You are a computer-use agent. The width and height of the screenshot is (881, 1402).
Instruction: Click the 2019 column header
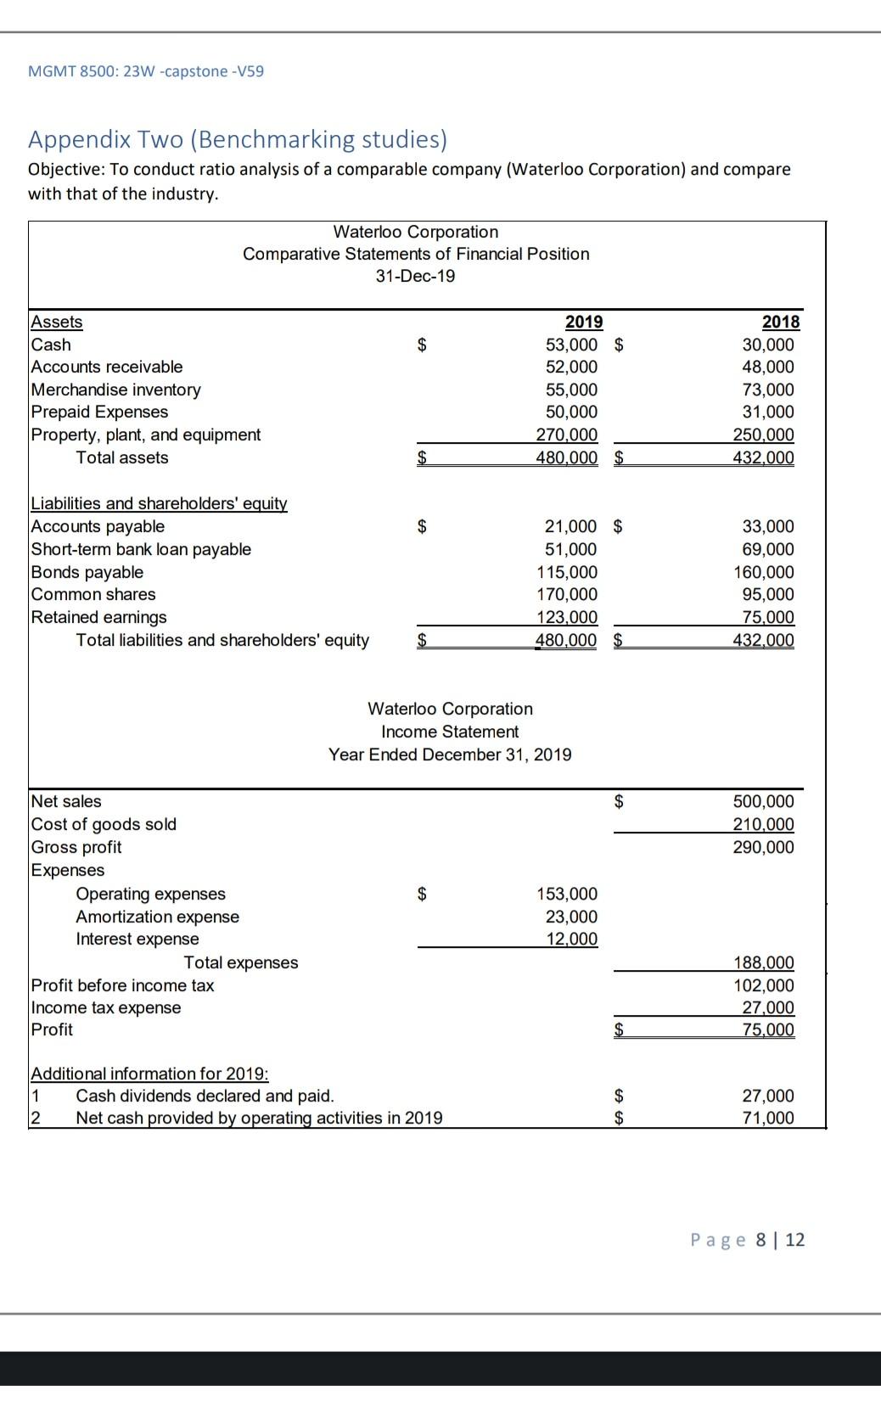click(583, 322)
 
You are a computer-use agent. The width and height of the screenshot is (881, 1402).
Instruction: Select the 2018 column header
click(780, 322)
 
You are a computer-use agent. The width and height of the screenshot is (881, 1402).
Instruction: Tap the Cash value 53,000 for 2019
click(570, 345)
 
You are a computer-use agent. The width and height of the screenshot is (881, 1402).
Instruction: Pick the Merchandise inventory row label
click(115, 390)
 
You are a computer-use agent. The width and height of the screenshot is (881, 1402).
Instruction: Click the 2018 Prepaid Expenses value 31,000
click(768, 412)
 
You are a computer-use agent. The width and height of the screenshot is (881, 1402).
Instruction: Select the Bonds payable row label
click(87, 572)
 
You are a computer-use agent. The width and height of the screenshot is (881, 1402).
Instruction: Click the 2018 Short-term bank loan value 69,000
click(768, 549)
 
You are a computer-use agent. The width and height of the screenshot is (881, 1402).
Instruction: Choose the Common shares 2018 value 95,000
click(768, 594)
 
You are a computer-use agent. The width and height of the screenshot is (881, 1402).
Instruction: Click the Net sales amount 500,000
click(763, 801)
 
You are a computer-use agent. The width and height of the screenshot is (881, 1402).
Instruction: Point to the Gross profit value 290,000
click(763, 847)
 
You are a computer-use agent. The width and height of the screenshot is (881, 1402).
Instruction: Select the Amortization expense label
click(157, 917)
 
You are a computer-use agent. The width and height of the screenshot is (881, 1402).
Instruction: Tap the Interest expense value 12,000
click(571, 939)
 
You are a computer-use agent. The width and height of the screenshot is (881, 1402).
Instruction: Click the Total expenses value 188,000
click(763, 962)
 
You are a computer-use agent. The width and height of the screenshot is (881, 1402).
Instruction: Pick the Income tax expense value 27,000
click(768, 1007)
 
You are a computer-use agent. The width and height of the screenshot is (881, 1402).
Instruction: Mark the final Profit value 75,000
click(768, 1029)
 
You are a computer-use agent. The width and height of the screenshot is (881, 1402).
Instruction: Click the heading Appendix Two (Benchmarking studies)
click(238, 138)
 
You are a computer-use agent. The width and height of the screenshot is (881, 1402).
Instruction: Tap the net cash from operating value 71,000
click(768, 1118)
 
